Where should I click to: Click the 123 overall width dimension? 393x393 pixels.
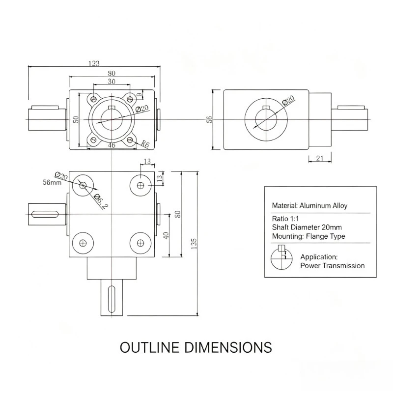point(94,63)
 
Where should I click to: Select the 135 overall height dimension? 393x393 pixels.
point(194,244)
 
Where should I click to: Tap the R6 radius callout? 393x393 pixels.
point(145,144)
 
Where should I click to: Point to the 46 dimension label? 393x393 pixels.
point(112,145)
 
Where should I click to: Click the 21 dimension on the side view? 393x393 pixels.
point(320,158)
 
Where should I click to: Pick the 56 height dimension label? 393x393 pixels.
point(209,119)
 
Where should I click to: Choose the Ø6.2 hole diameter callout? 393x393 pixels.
point(101,202)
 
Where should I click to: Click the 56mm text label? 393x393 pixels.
point(52,182)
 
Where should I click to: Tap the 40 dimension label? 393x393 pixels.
point(166,236)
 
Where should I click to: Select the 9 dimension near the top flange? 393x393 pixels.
point(139,95)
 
